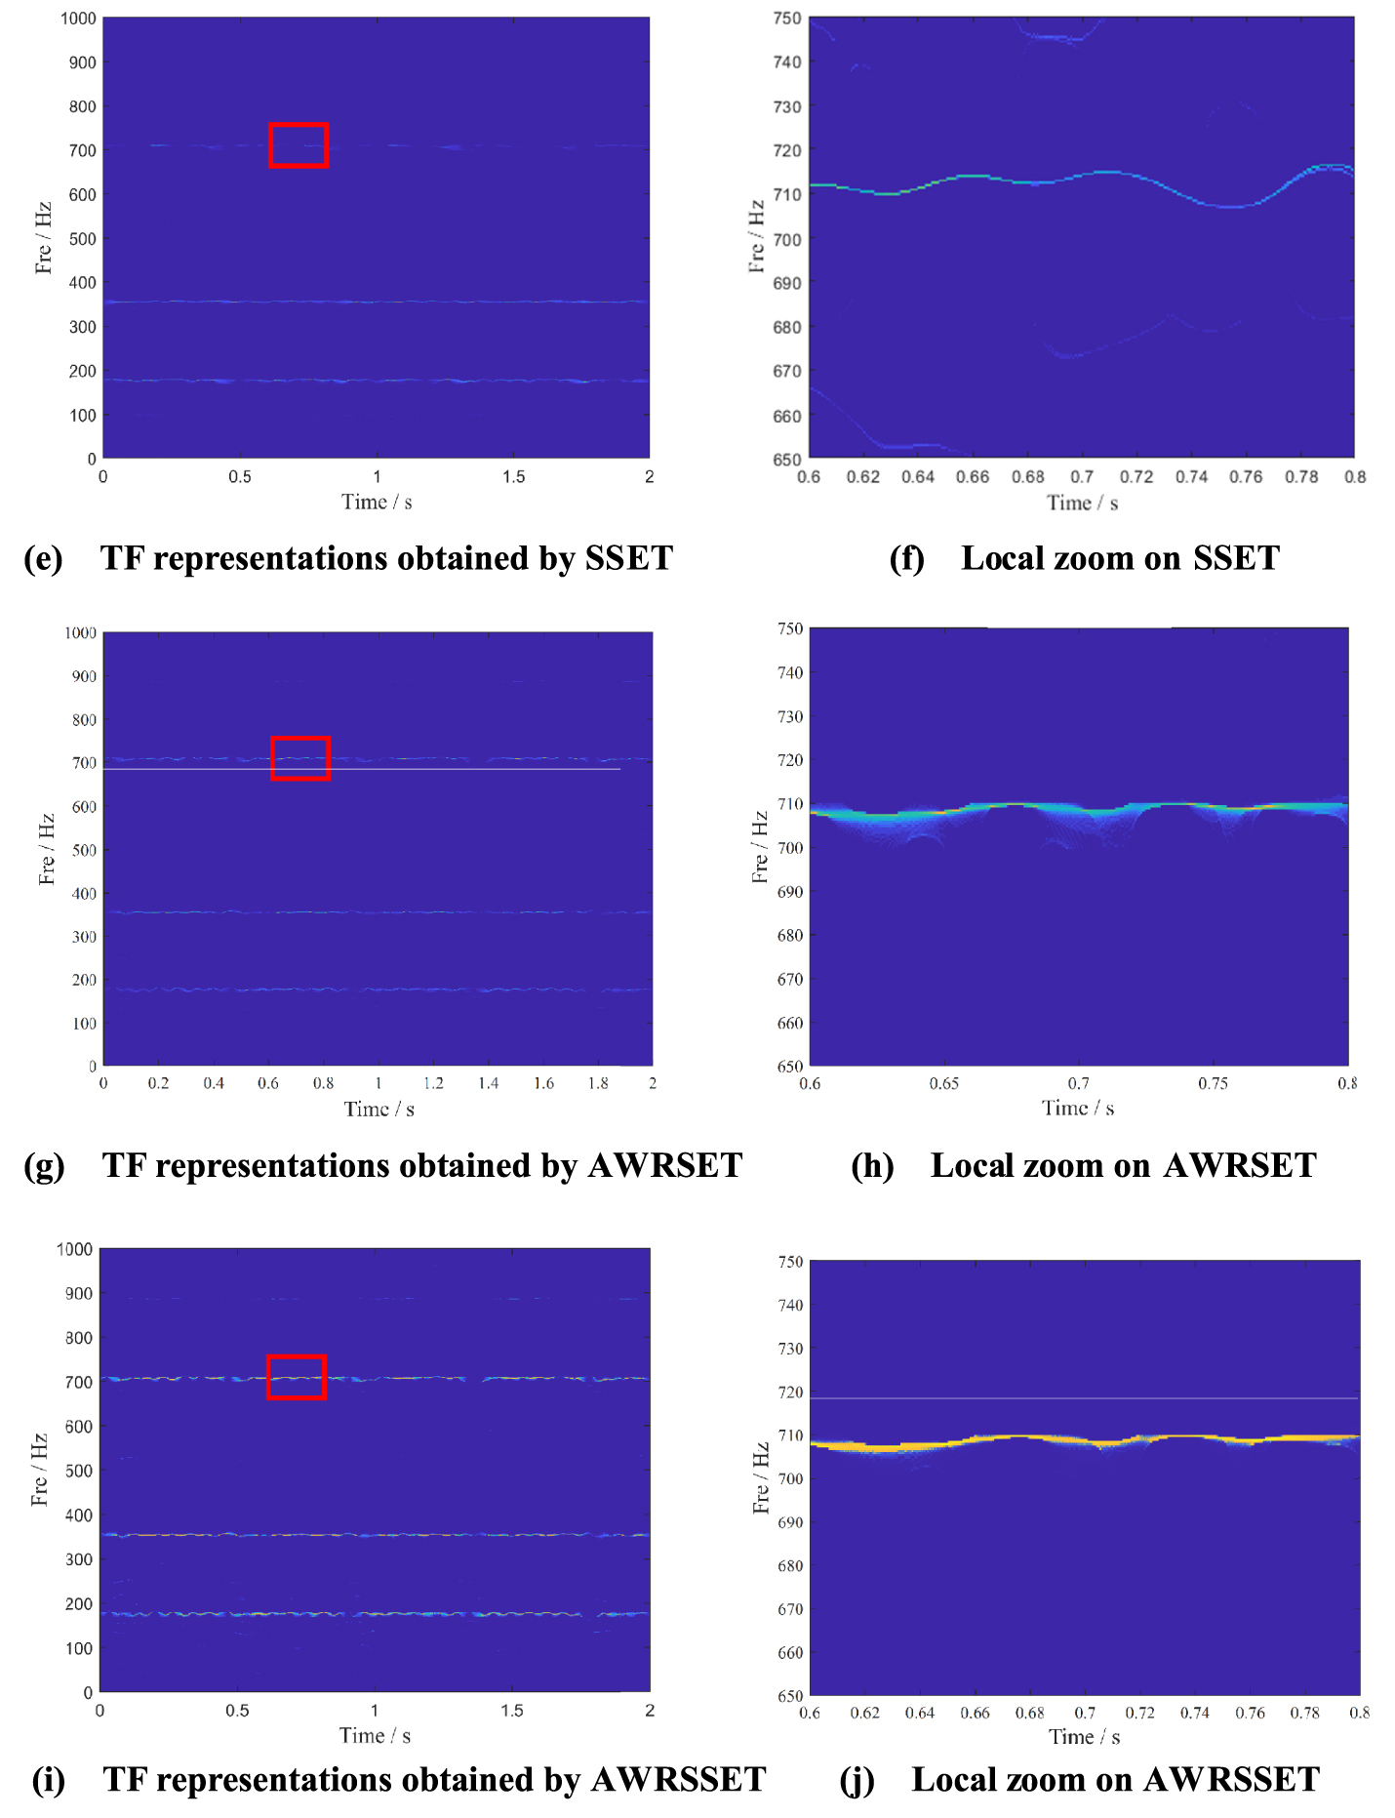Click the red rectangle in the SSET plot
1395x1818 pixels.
[299, 125]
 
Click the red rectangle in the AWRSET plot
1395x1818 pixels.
[300, 739]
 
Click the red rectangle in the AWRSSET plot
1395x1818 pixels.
[297, 1357]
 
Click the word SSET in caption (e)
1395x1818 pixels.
[629, 558]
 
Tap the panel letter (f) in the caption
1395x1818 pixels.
[906, 558]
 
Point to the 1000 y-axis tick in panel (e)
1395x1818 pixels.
[78, 19]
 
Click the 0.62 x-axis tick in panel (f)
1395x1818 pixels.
[862, 477]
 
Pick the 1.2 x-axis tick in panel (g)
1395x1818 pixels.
[433, 1083]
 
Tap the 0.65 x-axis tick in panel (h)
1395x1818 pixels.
[943, 1083]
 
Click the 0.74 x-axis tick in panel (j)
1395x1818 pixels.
[1194, 1713]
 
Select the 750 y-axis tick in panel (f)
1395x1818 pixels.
[787, 19]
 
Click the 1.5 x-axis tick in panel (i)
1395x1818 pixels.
[512, 1711]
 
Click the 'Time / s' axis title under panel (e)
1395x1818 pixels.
[377, 502]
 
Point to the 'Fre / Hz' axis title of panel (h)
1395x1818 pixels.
[760, 847]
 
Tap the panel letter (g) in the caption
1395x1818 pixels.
[44, 1165]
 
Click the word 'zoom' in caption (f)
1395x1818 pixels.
[1092, 558]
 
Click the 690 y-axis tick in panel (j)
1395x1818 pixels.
[789, 1522]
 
